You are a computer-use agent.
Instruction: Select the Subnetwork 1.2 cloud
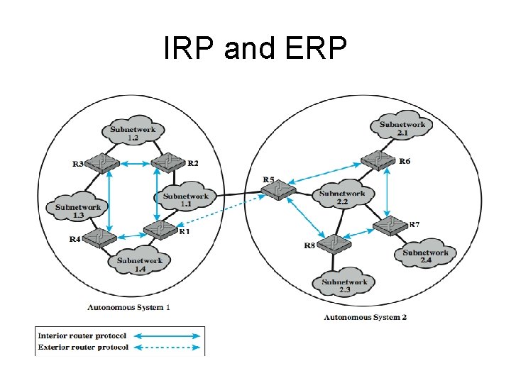click(133, 133)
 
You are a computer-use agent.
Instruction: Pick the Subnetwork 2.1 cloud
click(402, 128)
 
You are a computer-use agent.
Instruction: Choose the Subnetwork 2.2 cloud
click(342, 197)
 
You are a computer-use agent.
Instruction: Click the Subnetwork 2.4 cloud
click(426, 256)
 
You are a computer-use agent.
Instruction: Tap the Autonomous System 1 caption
click(128, 308)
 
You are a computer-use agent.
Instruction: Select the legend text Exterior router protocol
click(83, 348)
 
